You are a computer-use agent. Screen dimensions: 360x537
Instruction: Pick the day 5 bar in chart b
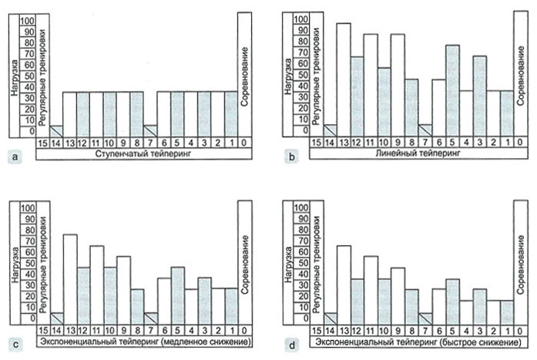pyautogui.click(x=453, y=91)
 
